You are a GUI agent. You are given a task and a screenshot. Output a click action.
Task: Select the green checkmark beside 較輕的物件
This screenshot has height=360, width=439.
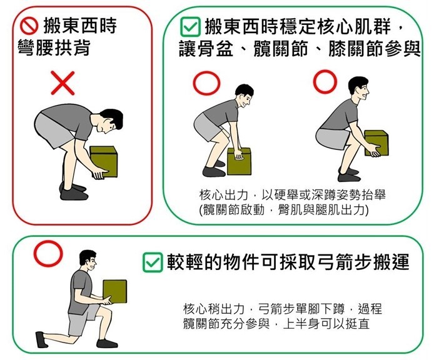pyautogui.click(x=152, y=262)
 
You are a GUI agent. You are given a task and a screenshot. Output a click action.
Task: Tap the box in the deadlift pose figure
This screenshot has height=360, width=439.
pyautogui.click(x=239, y=161)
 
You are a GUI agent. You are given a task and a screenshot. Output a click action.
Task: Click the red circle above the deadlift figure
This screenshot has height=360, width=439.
pyautogui.click(x=207, y=83)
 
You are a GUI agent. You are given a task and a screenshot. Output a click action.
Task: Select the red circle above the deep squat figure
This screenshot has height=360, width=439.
pyautogui.click(x=325, y=80)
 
